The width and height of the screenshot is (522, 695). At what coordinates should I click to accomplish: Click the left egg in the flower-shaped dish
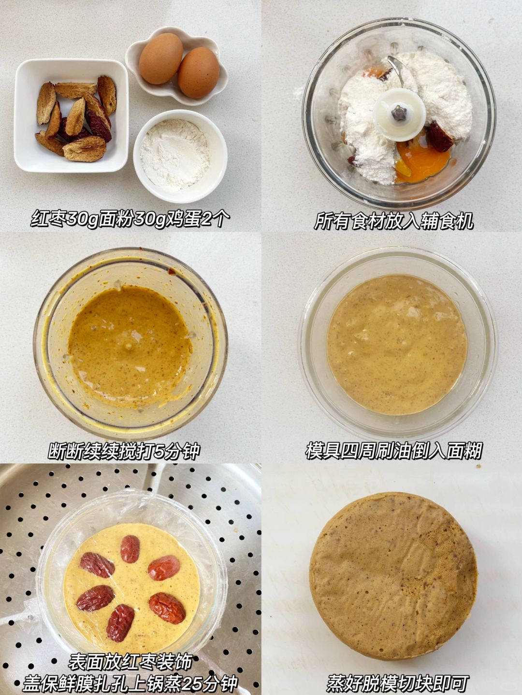(x=160, y=58)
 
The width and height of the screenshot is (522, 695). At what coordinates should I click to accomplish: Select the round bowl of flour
(x=180, y=156)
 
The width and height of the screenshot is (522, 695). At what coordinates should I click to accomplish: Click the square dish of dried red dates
(x=72, y=115)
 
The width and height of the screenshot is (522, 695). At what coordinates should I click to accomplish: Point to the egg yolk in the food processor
(x=422, y=161)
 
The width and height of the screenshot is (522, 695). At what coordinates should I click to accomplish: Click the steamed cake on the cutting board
(x=393, y=563)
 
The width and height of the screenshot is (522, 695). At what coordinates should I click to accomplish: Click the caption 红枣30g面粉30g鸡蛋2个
(x=130, y=219)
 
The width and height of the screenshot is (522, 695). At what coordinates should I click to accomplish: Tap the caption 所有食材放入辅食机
(x=393, y=221)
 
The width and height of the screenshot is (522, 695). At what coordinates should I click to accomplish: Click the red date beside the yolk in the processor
(x=440, y=137)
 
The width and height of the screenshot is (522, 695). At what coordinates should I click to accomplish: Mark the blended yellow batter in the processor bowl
(x=130, y=346)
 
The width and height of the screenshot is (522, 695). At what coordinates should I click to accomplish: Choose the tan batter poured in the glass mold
(x=397, y=345)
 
